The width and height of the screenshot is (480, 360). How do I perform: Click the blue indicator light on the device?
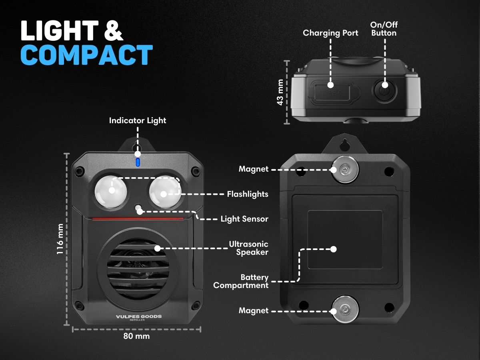click(138, 162)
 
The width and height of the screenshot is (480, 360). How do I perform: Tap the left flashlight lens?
click(111, 192)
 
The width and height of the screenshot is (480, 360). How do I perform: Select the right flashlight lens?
click(165, 192)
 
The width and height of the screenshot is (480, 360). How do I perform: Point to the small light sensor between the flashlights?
click(138, 207)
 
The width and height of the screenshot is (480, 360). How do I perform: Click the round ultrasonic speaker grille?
click(138, 269)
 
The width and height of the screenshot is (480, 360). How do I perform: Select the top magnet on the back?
click(345, 169)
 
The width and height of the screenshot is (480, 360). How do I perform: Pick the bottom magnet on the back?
click(345, 309)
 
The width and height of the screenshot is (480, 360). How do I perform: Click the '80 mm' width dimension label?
click(136, 336)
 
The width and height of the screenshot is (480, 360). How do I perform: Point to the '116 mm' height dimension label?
click(60, 239)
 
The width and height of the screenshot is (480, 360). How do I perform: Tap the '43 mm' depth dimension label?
click(280, 92)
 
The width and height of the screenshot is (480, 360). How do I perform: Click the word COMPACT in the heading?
click(86, 55)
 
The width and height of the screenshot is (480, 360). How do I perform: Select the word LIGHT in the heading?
click(60, 30)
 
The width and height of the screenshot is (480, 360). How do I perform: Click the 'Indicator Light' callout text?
click(138, 120)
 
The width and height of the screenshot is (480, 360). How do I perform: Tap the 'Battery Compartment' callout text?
click(241, 281)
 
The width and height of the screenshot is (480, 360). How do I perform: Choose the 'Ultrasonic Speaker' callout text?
click(249, 248)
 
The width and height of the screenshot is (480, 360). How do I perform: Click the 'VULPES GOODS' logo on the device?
click(139, 316)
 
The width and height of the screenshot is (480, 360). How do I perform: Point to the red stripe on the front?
click(138, 218)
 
